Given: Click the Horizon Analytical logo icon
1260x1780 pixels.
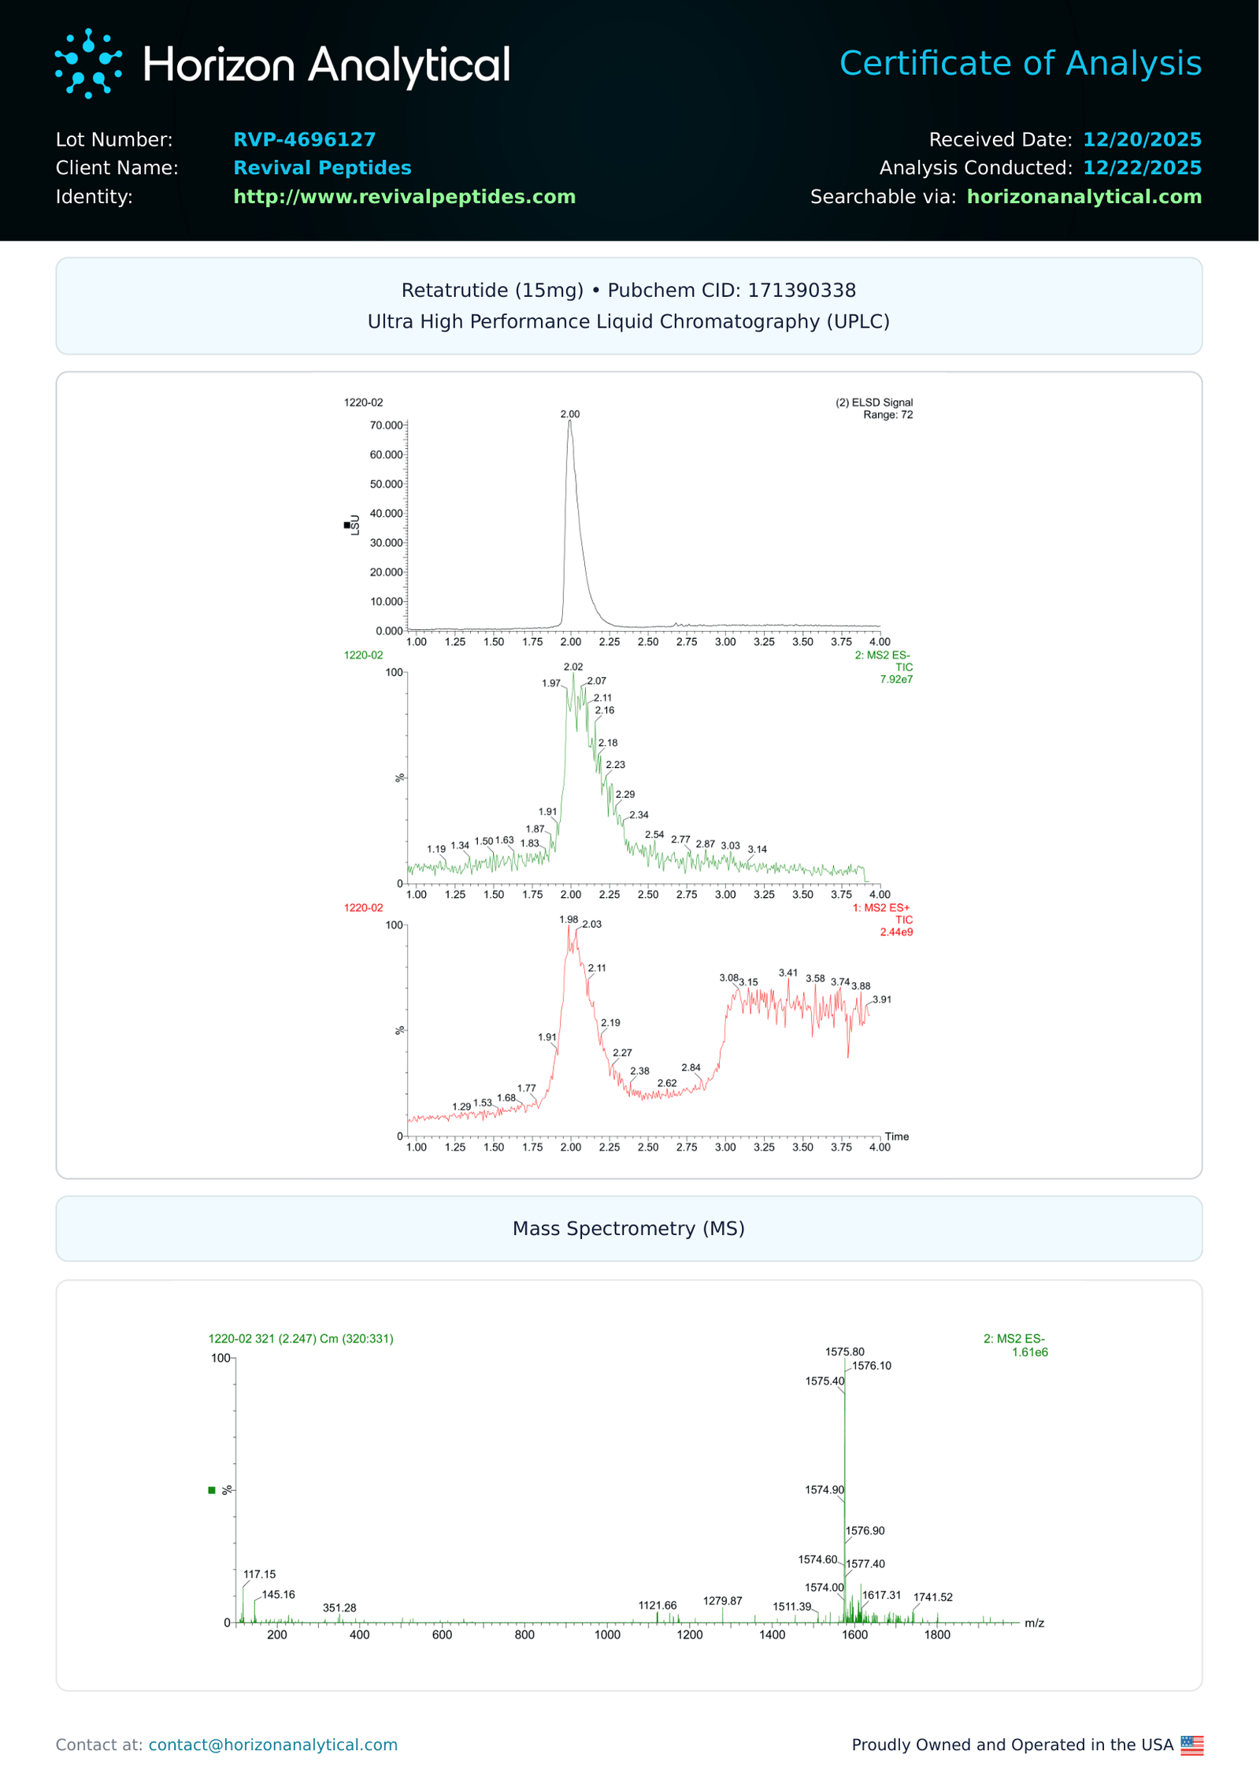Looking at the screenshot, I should [x=88, y=64].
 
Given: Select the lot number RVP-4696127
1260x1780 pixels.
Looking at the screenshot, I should [x=304, y=139].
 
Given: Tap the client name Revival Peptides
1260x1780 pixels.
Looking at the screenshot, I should [x=322, y=168].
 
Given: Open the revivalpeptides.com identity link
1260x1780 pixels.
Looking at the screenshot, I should [x=404, y=196].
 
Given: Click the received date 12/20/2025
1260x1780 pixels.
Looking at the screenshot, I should [x=1141, y=139].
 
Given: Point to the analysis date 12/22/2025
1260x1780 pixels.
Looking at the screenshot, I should [x=1141, y=168].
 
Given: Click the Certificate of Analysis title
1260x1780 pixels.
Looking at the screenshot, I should [x=1020, y=63].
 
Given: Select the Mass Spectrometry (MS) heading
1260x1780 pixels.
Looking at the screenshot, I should [x=628, y=1228].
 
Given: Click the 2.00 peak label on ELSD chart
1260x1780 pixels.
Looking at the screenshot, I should [x=569, y=414].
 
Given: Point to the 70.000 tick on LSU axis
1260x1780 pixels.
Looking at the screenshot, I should [x=386, y=425].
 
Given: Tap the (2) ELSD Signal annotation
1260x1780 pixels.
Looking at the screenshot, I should [x=873, y=402].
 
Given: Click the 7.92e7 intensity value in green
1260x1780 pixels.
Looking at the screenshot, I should [x=895, y=679].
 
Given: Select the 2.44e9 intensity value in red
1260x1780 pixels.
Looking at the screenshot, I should [x=895, y=932].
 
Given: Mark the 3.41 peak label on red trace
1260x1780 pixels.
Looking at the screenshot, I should [x=787, y=973].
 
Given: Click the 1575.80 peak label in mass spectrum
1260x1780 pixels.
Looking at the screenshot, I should [x=844, y=1352].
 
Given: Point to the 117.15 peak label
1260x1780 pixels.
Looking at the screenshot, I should [x=259, y=1574].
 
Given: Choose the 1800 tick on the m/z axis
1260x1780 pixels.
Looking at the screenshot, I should [x=936, y=1635].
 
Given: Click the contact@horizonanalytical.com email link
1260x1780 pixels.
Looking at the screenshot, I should [x=272, y=1745].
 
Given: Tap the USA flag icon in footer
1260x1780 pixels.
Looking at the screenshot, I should [x=1191, y=1745].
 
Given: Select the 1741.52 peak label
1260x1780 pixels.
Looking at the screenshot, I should [x=932, y=1597].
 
